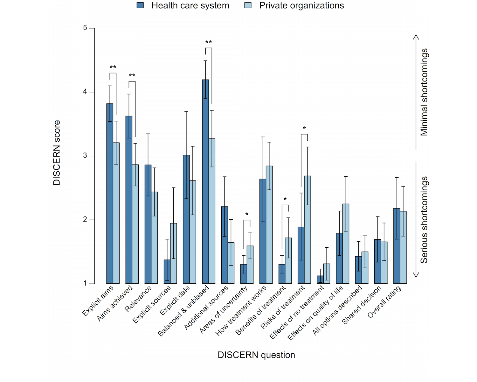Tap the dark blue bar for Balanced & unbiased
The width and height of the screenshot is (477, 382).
[x=205, y=181]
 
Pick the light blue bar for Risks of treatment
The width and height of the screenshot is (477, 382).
[x=308, y=230]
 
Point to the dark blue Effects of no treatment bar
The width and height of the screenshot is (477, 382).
[x=320, y=279]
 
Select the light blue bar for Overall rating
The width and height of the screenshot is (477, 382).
[x=403, y=247]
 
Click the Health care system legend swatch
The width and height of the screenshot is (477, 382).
[x=140, y=5]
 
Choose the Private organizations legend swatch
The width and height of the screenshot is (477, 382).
[x=248, y=5]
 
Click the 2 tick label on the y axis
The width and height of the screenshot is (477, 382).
[x=85, y=220]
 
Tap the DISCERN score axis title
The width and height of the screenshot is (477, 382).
[x=57, y=153]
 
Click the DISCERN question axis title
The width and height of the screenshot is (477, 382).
[x=256, y=355]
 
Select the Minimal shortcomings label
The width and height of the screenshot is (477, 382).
[x=424, y=92]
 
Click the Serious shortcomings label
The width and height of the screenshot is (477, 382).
[x=424, y=220]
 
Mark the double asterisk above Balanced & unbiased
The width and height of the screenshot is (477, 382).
[x=209, y=42]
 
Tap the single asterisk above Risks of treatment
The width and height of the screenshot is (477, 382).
[x=304, y=129]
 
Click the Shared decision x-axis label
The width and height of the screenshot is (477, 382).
[x=362, y=305]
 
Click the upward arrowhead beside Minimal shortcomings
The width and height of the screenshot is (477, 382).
[x=416, y=36]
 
